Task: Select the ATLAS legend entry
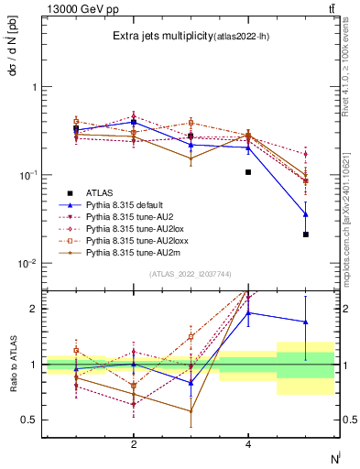point(100,192)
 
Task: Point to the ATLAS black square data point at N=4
point(248,172)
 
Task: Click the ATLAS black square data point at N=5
point(306,234)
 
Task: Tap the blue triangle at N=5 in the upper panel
point(306,214)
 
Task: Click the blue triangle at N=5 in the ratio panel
point(306,322)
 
